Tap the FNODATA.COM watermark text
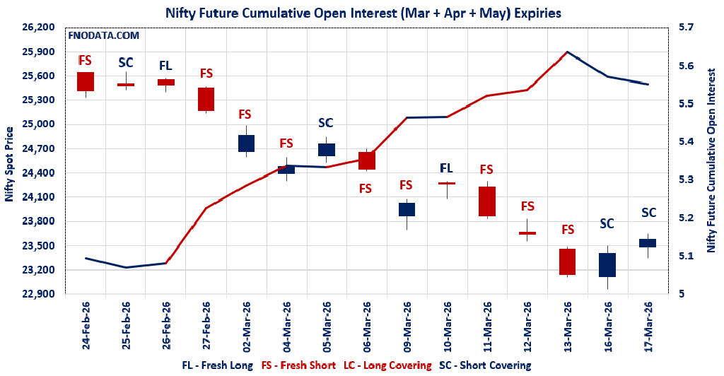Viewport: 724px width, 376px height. [103, 35]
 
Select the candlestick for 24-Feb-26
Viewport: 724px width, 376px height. [86, 81]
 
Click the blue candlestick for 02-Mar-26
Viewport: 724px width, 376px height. [246, 143]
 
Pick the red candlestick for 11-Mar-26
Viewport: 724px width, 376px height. [486, 201]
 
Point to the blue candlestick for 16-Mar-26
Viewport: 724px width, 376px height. [607, 264]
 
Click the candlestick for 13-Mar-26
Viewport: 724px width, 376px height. [568, 262]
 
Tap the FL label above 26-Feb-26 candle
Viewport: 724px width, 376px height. [165, 66]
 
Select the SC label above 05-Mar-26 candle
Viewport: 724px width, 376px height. [326, 123]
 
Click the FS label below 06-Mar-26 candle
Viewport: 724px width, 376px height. [366, 189]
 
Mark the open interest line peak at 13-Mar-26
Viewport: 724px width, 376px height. [567, 52]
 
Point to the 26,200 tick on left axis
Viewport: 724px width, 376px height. [40, 28]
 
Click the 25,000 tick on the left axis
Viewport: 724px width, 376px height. [40, 124]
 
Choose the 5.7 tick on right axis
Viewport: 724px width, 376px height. [687, 28]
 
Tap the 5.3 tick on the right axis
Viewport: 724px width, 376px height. [687, 180]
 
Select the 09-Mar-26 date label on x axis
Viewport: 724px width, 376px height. [408, 328]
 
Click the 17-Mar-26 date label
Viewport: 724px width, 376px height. [649, 328]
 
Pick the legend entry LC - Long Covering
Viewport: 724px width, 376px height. [387, 365]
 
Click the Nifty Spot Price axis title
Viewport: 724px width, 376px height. [9, 165]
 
